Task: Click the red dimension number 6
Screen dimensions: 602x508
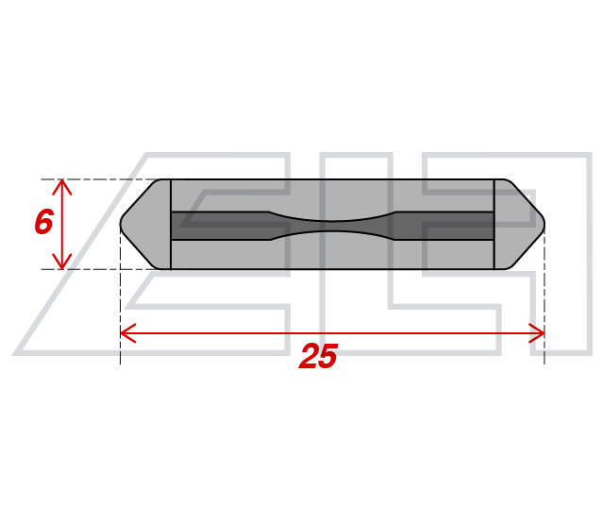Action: (43, 221)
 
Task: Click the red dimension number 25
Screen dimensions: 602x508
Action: (318, 355)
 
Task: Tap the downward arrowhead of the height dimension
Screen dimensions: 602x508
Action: (62, 262)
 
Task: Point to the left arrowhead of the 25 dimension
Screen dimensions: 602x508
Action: (127, 332)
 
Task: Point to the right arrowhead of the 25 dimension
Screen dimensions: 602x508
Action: (537, 332)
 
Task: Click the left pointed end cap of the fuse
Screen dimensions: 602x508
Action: (145, 224)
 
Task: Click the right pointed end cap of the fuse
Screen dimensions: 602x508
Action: (519, 224)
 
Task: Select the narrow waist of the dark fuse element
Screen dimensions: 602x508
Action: (332, 226)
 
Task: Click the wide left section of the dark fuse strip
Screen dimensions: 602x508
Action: (220, 226)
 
